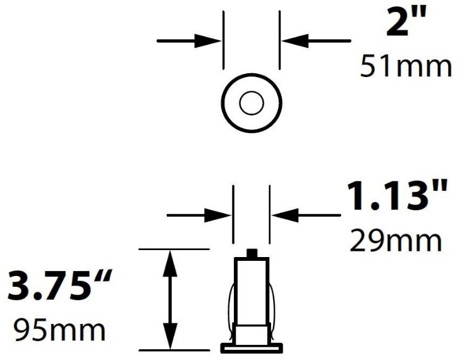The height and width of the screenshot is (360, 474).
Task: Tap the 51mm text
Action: (406, 66)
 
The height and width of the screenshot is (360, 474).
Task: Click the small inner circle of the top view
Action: (251, 103)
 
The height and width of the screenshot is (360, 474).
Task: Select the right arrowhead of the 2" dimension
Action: (293, 40)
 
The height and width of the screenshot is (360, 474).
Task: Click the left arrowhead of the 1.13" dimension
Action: (221, 216)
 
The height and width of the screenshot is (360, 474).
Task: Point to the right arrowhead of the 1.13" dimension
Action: (283, 216)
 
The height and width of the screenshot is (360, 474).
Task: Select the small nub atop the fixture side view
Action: (252, 254)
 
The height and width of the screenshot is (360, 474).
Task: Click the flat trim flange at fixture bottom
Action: (252, 347)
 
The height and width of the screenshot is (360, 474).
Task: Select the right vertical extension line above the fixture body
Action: (270, 215)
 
